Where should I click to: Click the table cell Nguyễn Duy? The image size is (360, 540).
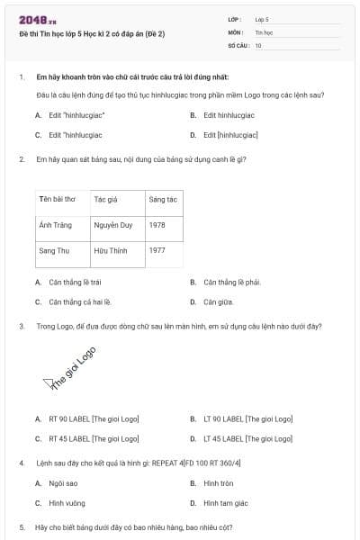tap(112, 225)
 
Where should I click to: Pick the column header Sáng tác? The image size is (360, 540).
tap(163, 199)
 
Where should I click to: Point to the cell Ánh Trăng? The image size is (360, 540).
tap(55, 225)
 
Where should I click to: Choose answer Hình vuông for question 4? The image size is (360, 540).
tap(67, 503)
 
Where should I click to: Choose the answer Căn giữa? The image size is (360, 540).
tap(218, 302)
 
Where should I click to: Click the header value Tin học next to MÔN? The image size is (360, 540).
tap(263, 31)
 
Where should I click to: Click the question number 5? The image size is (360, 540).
tap(22, 526)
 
